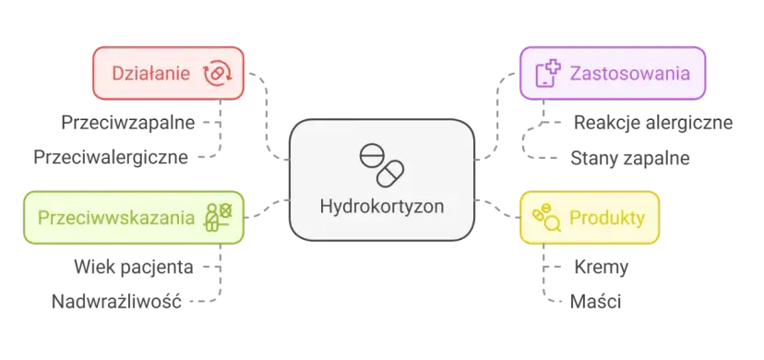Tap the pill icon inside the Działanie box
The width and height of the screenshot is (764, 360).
pos(216,73)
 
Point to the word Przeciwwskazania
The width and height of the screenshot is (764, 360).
pos(116,218)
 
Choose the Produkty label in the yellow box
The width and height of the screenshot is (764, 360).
pos(606,218)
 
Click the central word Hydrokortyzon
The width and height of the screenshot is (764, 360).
pos(382,206)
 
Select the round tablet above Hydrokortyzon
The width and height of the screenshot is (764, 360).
pos(369,157)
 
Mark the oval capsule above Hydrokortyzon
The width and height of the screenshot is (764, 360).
pos(392,173)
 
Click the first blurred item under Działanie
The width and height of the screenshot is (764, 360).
pos(125,122)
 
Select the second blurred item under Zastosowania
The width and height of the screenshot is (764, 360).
pos(629,159)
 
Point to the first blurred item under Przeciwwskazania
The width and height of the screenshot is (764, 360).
pos(135,269)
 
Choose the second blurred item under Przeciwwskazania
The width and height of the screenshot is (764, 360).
pos(118,299)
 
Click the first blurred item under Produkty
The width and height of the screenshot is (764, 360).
pos(598,269)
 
